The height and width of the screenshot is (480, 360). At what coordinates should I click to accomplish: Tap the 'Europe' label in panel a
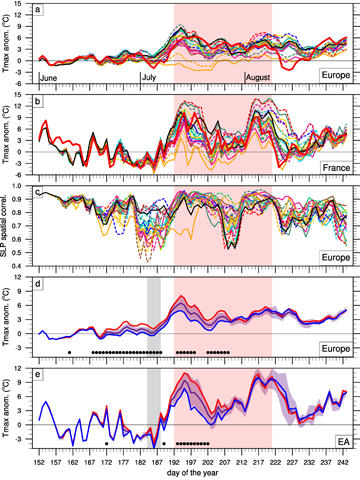[x=330, y=75]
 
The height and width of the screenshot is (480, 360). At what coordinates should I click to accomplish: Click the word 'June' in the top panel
[x=50, y=76]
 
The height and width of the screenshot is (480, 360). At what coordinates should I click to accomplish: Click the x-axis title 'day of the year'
[x=191, y=473]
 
